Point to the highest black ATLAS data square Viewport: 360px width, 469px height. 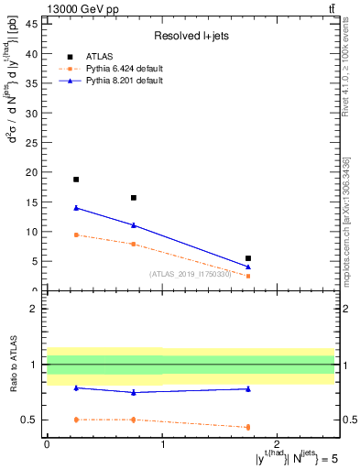[x=76, y=180]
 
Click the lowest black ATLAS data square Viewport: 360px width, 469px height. [x=248, y=258]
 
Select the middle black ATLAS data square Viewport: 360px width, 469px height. [x=134, y=198]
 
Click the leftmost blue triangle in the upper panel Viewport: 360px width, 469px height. [x=76, y=208]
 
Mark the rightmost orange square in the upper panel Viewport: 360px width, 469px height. [x=248, y=276]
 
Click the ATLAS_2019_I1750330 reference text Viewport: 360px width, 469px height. [x=191, y=274]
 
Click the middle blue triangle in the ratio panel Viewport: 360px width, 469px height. [x=134, y=392]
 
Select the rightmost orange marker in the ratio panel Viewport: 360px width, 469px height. [x=248, y=427]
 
